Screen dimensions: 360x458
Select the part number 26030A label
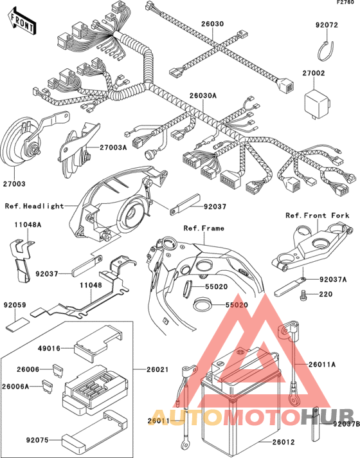pyautogui.click(x=203, y=95)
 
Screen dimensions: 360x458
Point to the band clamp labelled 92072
pyautogui.click(x=325, y=51)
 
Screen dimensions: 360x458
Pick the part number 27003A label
pyautogui.click(x=113, y=147)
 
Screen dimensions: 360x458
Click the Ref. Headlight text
pyautogui.click(x=34, y=206)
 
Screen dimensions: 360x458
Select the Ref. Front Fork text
pyautogui.click(x=317, y=215)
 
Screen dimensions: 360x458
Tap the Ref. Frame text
pyautogui.click(x=204, y=228)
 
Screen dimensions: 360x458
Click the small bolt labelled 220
pyautogui.click(x=303, y=295)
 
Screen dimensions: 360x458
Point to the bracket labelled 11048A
pyautogui.click(x=21, y=260)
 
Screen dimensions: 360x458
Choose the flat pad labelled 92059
pyautogui.click(x=17, y=325)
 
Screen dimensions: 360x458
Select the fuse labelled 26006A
pyautogui.click(x=48, y=387)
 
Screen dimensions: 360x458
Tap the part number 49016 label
pyautogui.click(x=49, y=349)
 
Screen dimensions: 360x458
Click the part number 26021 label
pyautogui.click(x=157, y=369)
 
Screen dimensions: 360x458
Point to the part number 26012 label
pyautogui.click(x=283, y=442)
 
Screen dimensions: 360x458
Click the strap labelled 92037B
pyautogui.click(x=316, y=423)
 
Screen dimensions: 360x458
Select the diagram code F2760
pyautogui.click(x=345, y=3)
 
